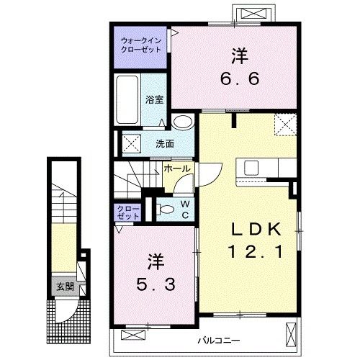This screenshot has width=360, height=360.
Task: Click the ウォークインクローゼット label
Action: (x=141, y=45)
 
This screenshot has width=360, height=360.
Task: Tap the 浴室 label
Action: (x=155, y=99)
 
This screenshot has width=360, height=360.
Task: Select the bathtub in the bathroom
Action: (x=127, y=99)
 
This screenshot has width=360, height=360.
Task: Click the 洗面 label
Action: (x=165, y=144)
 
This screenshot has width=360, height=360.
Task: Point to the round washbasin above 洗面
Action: (x=183, y=122)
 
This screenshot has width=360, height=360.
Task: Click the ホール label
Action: (x=177, y=168)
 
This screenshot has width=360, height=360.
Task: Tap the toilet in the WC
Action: (x=166, y=210)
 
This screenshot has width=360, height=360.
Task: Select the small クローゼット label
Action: (x=128, y=212)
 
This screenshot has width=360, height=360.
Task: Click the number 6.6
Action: (x=240, y=78)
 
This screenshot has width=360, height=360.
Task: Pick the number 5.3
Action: (x=156, y=284)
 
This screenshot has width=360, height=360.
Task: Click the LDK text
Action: (x=256, y=229)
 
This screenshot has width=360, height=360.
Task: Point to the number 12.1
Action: (x=256, y=251)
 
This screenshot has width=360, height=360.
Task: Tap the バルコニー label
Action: (x=219, y=341)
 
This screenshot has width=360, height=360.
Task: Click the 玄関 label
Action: (x=65, y=287)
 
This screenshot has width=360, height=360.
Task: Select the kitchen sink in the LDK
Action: (x=251, y=168)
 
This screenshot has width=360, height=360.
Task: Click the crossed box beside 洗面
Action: (x=132, y=143)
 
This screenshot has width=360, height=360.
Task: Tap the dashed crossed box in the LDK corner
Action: (x=285, y=125)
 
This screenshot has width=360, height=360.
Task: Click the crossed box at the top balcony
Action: (x=253, y=13)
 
